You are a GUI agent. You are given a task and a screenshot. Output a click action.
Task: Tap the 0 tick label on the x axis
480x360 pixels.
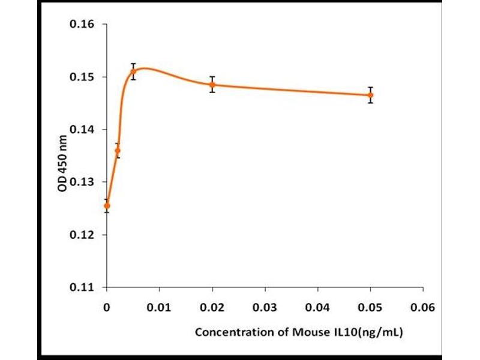(x=107, y=309)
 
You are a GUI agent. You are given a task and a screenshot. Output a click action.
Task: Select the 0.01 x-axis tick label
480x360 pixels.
(x=160, y=309)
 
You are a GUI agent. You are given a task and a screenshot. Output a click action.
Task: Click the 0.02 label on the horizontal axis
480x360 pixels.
(x=212, y=309)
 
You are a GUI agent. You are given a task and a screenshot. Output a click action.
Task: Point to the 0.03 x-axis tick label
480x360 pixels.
(x=265, y=309)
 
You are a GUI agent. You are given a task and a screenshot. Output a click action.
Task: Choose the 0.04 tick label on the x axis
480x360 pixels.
(x=318, y=309)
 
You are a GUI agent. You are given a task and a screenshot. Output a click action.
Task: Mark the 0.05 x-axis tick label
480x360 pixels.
(x=371, y=309)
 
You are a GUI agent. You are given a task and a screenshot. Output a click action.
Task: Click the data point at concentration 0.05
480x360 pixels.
(x=371, y=95)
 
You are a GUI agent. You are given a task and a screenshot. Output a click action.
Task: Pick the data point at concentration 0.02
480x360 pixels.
(x=212, y=85)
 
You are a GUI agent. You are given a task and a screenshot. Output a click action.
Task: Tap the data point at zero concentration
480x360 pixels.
(x=107, y=206)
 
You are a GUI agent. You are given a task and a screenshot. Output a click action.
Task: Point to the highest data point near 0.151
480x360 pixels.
(x=133, y=71)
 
